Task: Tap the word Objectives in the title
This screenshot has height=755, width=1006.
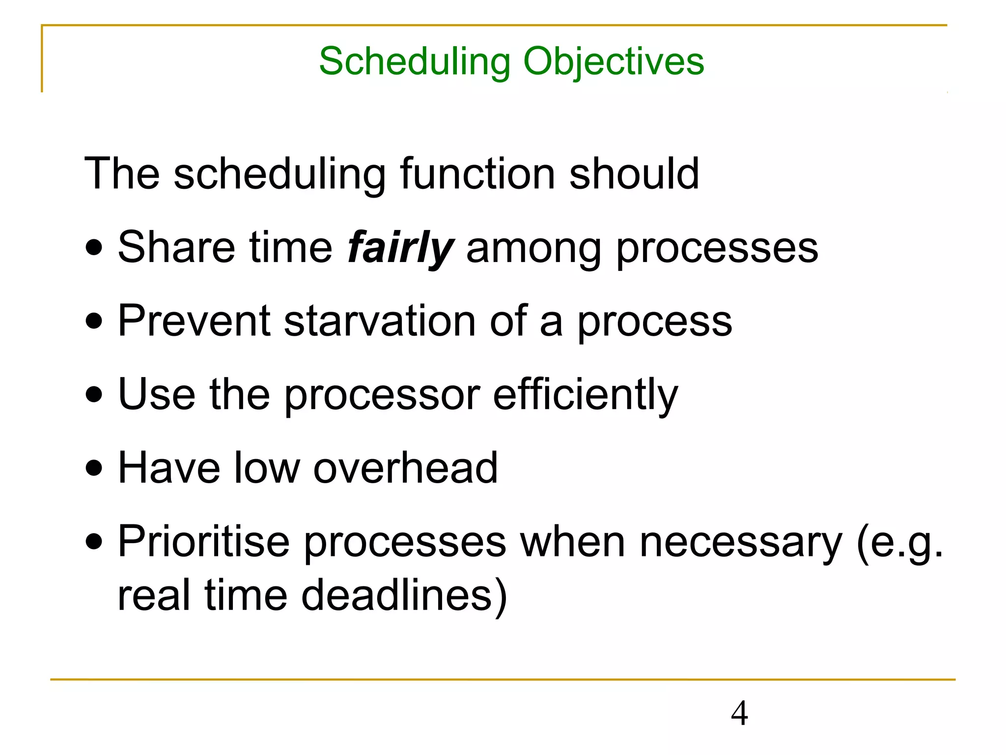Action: click(614, 62)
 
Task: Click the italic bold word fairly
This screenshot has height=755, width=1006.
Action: click(400, 248)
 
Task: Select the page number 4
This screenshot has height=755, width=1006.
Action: click(739, 713)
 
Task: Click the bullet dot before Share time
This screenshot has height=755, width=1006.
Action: click(94, 248)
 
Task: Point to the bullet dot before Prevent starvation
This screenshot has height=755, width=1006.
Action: click(94, 322)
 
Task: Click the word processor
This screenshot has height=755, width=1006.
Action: click(382, 396)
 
